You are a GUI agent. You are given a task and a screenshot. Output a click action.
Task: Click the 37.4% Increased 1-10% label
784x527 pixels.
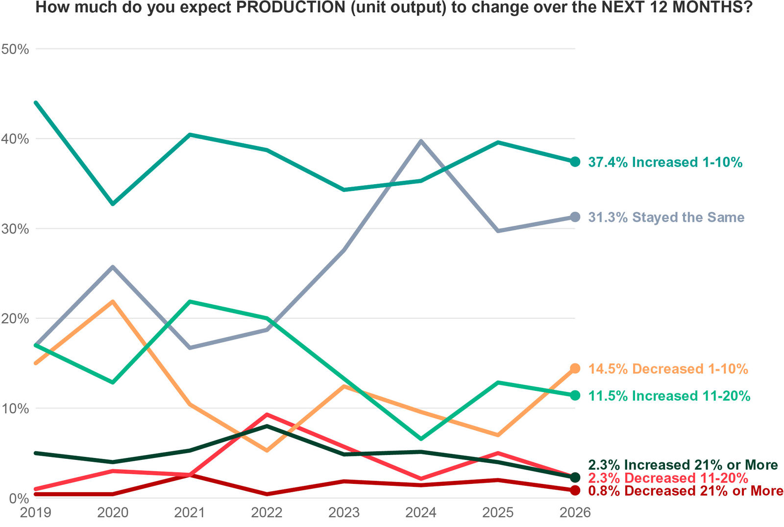point(665,162)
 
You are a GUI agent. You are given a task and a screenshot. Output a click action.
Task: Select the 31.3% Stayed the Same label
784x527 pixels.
point(666,217)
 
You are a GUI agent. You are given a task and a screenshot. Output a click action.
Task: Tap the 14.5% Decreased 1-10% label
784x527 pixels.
point(668,369)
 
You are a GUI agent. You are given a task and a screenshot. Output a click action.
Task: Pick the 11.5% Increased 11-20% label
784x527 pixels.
point(669,396)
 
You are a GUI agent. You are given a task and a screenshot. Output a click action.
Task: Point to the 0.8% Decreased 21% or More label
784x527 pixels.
point(686,491)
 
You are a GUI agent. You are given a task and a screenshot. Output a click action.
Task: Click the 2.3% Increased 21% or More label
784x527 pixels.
point(683,465)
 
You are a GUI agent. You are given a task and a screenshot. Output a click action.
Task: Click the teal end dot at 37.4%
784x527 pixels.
point(575,162)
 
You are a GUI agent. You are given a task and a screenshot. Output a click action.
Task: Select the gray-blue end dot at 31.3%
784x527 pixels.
point(575,217)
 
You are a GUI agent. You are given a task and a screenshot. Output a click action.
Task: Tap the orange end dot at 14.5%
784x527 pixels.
point(575,368)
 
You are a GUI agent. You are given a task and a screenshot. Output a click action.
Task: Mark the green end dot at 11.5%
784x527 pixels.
point(575,395)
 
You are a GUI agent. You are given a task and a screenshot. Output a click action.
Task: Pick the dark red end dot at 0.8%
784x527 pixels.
point(575,490)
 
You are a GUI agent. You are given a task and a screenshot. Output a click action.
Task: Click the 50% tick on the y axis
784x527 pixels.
point(15,49)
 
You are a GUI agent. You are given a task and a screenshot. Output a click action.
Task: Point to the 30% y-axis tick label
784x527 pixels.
point(15,229)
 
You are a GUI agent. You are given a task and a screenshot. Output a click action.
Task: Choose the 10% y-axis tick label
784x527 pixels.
point(15,408)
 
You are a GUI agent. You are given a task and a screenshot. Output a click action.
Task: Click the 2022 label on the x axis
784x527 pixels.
point(267,513)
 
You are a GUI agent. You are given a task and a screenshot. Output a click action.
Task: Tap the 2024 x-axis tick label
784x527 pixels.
point(421,513)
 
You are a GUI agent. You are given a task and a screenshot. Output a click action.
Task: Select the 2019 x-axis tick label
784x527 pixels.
point(35,513)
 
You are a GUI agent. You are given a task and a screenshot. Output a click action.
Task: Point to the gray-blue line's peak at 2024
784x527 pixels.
point(421,141)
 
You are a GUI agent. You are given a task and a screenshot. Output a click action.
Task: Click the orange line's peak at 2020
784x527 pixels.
point(113,302)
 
